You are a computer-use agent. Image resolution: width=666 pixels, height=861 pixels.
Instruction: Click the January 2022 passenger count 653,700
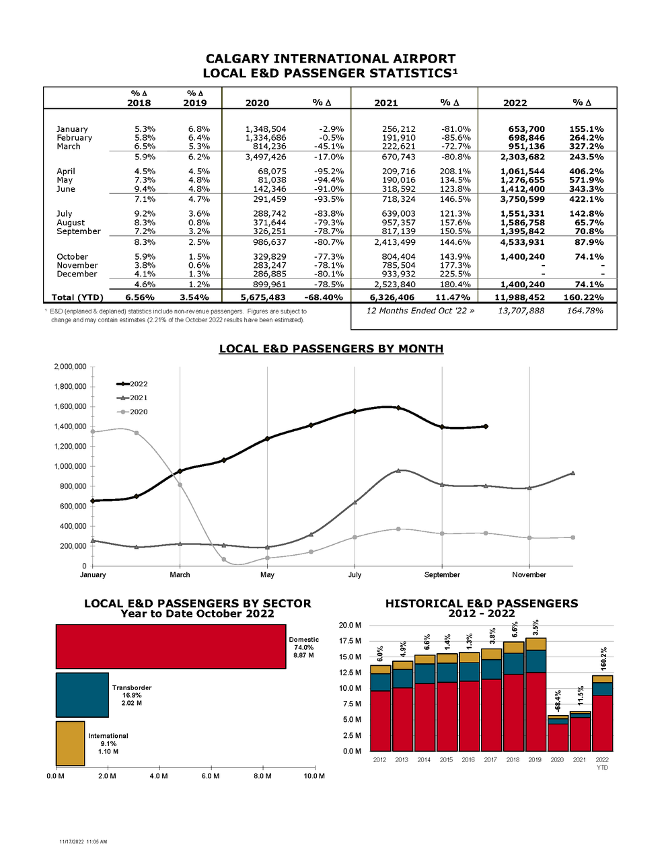point(526,128)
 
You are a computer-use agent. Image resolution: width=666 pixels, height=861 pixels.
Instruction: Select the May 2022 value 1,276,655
point(522,180)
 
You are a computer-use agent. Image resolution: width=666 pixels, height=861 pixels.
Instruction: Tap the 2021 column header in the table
point(385,103)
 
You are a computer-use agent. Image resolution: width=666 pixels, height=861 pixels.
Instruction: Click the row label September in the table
point(79,231)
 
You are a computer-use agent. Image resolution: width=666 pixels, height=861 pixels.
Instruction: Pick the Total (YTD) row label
point(77,297)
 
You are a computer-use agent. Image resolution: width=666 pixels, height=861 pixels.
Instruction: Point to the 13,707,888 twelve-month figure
point(521,311)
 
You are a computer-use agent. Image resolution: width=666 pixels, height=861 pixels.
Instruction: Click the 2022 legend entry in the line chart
point(132,384)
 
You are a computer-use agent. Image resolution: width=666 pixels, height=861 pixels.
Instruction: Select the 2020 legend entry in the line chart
point(132,412)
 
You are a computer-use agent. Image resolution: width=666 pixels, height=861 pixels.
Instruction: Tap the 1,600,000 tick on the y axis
point(70,406)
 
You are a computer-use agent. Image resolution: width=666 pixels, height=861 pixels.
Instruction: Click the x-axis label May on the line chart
point(267,574)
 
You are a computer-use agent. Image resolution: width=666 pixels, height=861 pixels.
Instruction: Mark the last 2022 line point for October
point(486,426)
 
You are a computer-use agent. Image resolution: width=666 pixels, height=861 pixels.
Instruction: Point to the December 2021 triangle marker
point(573,473)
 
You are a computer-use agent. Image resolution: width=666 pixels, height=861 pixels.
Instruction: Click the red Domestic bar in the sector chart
point(171,646)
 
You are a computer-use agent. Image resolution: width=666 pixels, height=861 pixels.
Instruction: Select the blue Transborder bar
point(82,695)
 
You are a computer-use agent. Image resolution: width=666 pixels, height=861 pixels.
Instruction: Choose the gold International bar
point(70,743)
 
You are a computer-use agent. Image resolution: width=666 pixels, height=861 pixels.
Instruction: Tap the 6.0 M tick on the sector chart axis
point(211,776)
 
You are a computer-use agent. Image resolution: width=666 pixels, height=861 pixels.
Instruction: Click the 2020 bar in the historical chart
point(558,733)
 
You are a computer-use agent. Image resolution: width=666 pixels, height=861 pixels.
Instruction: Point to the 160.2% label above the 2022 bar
point(603,659)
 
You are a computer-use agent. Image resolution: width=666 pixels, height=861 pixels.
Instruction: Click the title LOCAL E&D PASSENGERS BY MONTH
point(331,348)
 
